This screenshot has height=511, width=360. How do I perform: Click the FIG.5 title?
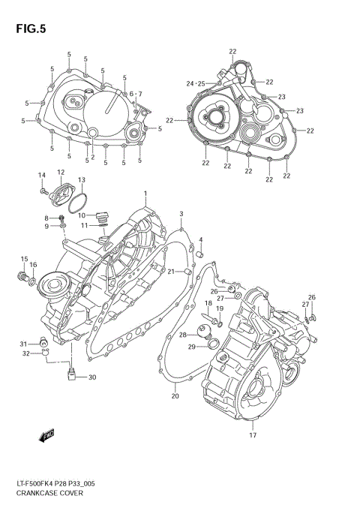click(28, 29)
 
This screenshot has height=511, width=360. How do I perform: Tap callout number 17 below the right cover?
click(252, 435)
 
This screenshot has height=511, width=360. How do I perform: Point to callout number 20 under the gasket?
click(174, 395)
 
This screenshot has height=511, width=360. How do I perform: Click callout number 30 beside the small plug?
click(92, 377)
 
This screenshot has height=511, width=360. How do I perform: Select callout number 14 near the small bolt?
click(43, 175)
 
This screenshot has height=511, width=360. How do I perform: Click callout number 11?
click(85, 225)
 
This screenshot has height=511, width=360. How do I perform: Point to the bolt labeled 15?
click(21, 278)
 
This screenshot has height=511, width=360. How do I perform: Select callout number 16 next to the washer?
click(33, 265)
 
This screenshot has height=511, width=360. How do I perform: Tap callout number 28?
click(182, 335)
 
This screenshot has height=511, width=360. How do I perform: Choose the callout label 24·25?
click(195, 83)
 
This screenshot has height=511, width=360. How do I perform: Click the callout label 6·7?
click(135, 94)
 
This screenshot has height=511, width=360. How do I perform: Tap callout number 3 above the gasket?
click(181, 215)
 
